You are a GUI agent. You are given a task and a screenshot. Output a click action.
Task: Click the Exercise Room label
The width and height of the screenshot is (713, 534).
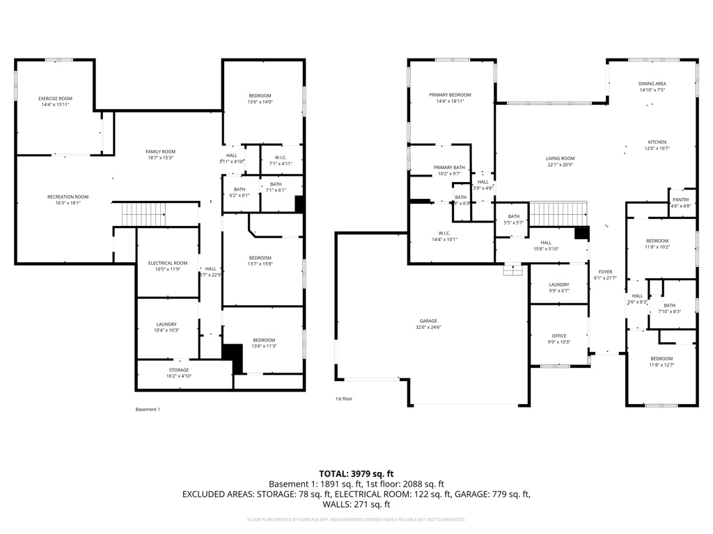coord(55,99)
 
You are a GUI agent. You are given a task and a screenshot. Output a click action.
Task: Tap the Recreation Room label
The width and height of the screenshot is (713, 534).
coord(68,197)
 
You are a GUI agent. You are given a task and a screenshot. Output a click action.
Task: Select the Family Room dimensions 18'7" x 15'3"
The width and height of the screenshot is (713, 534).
coord(160,158)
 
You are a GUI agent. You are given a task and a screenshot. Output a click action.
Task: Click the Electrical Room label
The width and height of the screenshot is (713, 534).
coord(168,263)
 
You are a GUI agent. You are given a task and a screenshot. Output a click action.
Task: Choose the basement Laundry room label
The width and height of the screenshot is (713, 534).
coord(166,324)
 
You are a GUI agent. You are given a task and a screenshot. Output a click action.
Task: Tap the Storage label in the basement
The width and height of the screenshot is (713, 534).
coord(179,370)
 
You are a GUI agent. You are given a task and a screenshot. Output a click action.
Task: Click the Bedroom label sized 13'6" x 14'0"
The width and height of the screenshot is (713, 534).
coord(260,95)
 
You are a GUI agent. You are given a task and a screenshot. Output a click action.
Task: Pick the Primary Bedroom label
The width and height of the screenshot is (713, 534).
coord(450,95)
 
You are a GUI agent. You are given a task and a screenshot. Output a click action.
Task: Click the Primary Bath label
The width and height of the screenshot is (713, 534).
coord(449,168)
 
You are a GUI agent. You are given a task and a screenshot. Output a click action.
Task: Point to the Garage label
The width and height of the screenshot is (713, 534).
coord(428,321)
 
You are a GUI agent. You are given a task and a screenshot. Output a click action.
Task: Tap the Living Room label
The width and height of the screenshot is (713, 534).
coord(560,159)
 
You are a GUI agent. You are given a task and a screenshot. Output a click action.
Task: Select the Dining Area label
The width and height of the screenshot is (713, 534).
coord(652,83)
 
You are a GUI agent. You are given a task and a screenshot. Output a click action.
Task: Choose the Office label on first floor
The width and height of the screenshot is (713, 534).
coord(559,336)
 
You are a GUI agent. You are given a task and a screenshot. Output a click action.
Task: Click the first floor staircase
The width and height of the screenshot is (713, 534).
coord(558,214)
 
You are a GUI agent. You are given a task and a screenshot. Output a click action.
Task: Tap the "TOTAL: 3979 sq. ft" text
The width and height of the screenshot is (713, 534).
coord(356,474)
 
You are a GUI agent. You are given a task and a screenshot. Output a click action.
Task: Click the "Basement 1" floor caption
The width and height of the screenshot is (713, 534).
coord(148,410)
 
